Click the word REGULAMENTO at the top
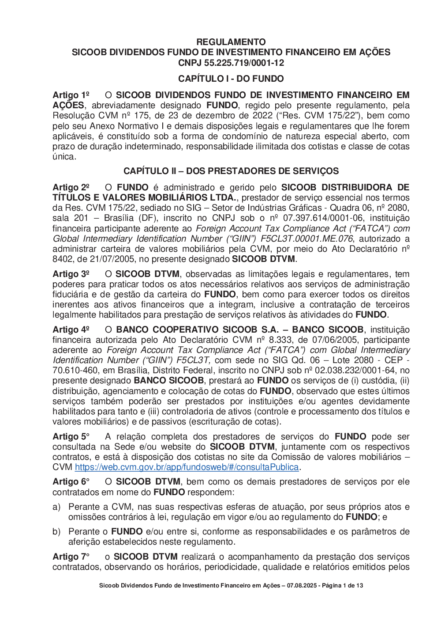[231, 42]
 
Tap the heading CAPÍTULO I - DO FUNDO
[231, 79]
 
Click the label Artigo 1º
[71, 95]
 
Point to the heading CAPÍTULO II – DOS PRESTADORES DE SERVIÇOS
[231, 171]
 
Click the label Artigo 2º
[71, 187]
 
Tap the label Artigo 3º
[71, 274]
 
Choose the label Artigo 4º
[71, 330]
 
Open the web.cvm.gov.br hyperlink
[187, 467]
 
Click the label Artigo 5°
[71, 437]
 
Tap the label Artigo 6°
[71, 482]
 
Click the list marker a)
[56, 507]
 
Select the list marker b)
[56, 532]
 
